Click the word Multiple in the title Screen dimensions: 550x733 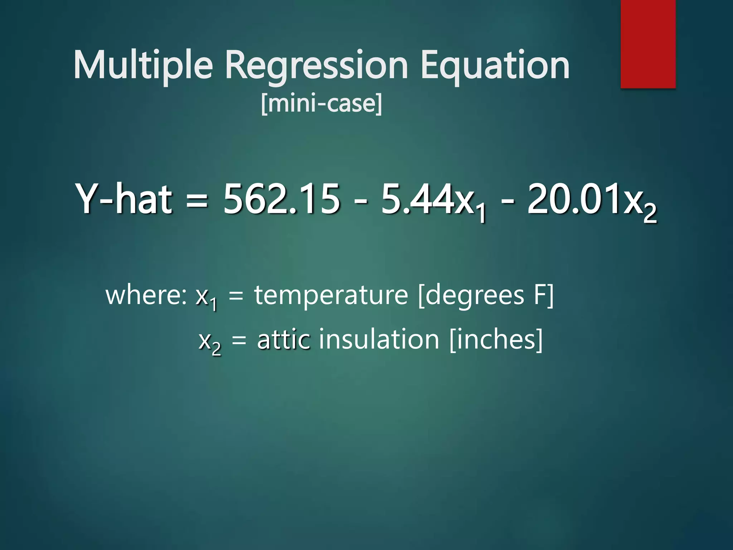point(143,65)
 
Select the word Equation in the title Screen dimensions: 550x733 point(495,65)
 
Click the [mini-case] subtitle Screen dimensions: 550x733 point(321,104)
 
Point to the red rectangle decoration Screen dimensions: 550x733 point(648,44)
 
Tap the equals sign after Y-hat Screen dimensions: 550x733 point(197,201)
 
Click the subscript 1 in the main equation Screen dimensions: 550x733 point(481,214)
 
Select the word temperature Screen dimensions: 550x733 point(331,295)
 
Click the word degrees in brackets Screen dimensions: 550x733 point(475,295)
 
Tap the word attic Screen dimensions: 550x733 point(283,339)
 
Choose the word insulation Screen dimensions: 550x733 point(379,339)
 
